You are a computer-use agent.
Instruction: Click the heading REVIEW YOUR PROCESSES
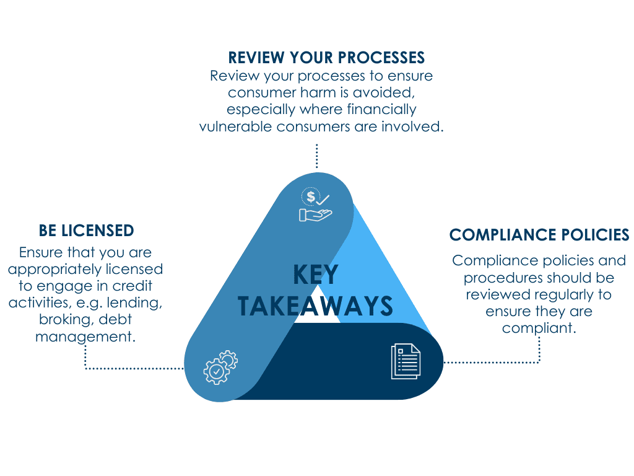(326, 58)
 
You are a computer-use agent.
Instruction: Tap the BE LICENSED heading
(86, 231)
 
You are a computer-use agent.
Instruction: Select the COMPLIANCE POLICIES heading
(539, 235)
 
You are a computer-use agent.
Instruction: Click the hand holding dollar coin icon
(316, 206)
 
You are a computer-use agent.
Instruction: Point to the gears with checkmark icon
(220, 366)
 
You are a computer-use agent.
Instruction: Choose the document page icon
(406, 361)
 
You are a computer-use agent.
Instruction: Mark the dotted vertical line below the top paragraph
(316, 156)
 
